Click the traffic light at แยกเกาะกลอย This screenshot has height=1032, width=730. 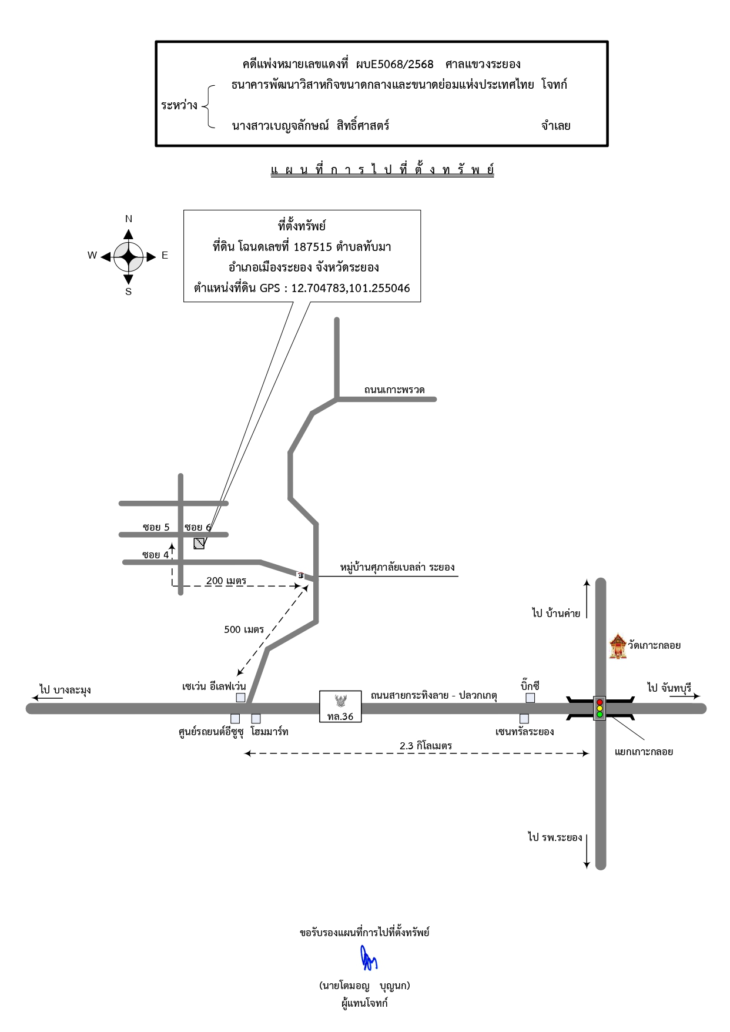[x=600, y=708]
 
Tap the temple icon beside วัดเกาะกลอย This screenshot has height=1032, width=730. [x=618, y=646]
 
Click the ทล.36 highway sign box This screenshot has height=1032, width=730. [x=340, y=706]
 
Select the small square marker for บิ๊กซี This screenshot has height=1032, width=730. [x=530, y=698]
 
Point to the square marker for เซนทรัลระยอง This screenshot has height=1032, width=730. [x=524, y=718]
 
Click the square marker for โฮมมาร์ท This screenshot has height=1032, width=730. [x=256, y=718]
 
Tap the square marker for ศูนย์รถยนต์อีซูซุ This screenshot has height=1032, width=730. [x=235, y=718]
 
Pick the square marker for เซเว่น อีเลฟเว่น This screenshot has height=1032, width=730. [x=240, y=698]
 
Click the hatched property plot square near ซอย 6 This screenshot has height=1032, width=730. [x=199, y=544]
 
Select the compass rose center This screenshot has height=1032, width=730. [x=128, y=257]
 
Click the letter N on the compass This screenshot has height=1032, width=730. [x=129, y=219]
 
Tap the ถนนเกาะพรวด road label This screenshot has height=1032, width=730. [x=394, y=390]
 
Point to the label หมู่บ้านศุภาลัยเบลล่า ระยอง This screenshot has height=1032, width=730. [x=397, y=567]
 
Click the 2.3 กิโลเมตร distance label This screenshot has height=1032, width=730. [x=426, y=746]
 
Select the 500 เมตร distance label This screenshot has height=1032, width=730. [x=244, y=629]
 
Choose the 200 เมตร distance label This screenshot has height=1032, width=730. [x=226, y=581]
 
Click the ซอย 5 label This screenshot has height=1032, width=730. [x=156, y=527]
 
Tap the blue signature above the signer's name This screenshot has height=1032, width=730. [x=369, y=958]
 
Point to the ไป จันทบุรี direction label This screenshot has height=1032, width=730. [x=669, y=687]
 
